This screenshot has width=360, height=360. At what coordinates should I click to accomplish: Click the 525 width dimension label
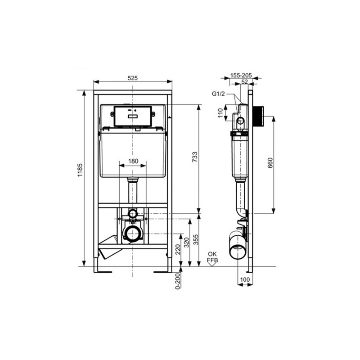[x=132, y=78]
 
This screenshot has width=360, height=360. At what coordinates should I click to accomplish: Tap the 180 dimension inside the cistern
[x=132, y=161]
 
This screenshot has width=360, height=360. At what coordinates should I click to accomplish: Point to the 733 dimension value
[x=195, y=156]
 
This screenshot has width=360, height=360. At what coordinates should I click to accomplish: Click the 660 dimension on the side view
[x=270, y=163]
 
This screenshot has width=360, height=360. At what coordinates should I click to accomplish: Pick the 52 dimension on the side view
[x=244, y=82]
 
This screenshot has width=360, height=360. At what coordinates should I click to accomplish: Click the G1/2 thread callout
[x=218, y=94]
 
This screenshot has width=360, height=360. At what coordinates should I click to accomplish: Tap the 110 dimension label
[x=220, y=112]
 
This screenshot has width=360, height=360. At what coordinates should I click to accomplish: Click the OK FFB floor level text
[x=212, y=257]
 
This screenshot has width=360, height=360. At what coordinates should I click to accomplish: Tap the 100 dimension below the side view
[x=245, y=280]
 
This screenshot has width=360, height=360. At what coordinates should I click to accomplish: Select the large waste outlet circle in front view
[x=132, y=234]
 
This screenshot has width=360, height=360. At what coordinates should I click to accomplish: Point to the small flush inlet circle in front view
[x=132, y=212]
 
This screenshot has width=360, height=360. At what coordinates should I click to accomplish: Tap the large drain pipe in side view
[x=238, y=247]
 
